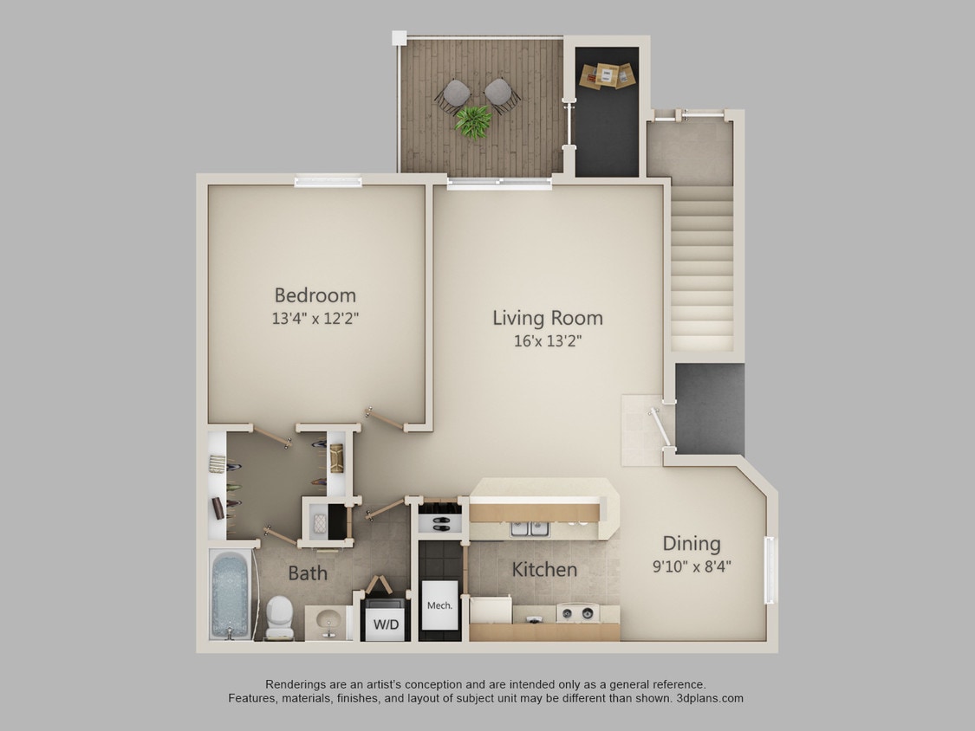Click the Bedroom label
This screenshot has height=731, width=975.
coord(315,295)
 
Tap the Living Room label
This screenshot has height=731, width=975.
coord(547,318)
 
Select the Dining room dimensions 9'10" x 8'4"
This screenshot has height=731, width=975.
coord(691,568)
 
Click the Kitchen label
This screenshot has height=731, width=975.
coord(544,570)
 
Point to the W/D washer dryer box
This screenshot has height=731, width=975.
coord(386,624)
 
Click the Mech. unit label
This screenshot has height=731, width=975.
coord(439,605)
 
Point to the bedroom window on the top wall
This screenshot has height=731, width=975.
coord(327,181)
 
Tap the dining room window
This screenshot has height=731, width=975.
coord(769,569)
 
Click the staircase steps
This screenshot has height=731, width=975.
coord(702,268)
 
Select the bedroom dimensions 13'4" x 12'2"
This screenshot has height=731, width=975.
coord(315,318)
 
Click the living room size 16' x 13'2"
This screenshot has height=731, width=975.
coord(547,340)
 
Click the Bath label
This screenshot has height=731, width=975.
coord(308,573)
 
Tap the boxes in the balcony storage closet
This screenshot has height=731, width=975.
coord(607,75)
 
